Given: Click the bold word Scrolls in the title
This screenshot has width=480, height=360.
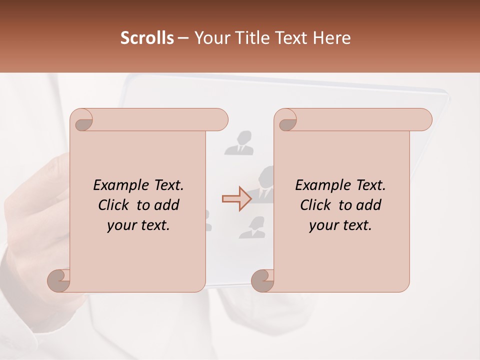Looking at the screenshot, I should click(147, 38).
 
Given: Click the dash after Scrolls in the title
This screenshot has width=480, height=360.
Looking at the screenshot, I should click(183, 38).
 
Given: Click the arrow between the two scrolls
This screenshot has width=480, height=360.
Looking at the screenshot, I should click(237, 199).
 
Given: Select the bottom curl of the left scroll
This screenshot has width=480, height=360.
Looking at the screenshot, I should click(59, 280).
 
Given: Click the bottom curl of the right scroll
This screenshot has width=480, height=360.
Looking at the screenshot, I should click(262, 280).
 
